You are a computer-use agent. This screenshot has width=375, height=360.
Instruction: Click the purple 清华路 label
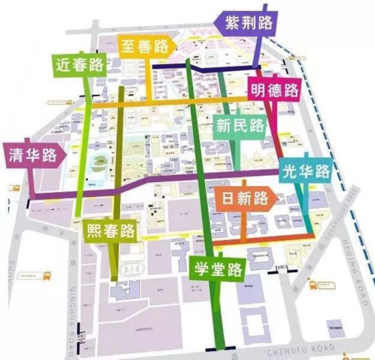pos(31,155)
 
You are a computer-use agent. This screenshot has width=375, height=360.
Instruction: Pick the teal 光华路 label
pos(306,170)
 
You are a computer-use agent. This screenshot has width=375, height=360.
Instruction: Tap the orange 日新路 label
pos(242,199)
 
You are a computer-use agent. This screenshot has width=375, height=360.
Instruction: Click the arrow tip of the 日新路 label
pos(278,198)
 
